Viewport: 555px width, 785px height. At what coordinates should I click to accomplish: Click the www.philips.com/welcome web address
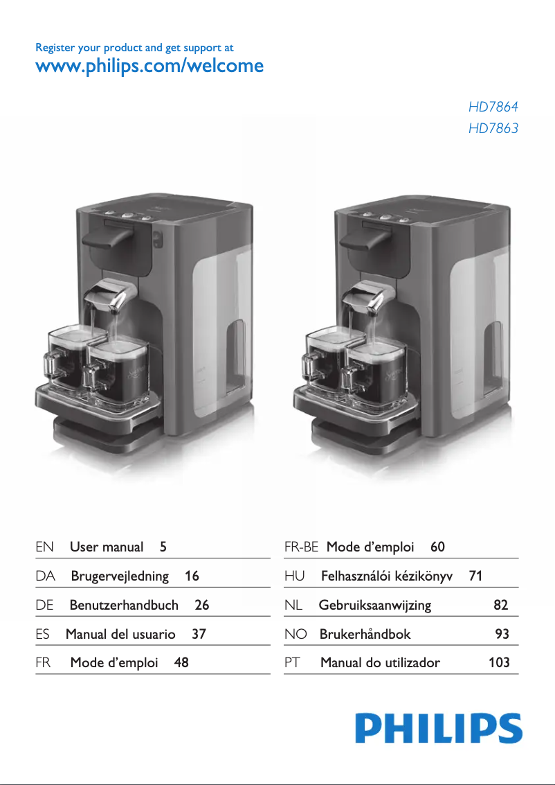tap(149, 67)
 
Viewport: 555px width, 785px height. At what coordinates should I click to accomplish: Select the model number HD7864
tap(493, 107)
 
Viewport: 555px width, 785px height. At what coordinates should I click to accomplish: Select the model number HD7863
tap(493, 128)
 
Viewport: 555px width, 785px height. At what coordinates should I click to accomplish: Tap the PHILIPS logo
tap(439, 729)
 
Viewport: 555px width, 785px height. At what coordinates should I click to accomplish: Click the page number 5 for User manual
tap(163, 547)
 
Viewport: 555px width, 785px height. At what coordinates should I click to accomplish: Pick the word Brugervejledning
tap(120, 576)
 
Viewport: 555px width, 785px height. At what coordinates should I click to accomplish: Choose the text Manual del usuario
tap(120, 634)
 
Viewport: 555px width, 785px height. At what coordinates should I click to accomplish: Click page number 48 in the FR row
tap(181, 662)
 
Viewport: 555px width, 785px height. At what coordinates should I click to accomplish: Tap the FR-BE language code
tap(301, 547)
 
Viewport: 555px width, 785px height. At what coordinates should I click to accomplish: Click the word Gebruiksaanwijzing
tap(375, 605)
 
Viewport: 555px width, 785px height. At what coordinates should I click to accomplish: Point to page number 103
tap(499, 662)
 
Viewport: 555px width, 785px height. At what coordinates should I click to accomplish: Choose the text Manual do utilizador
tap(380, 662)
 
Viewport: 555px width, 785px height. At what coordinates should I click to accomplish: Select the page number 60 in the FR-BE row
tap(437, 547)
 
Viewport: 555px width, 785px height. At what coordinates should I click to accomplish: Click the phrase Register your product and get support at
tap(134, 48)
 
